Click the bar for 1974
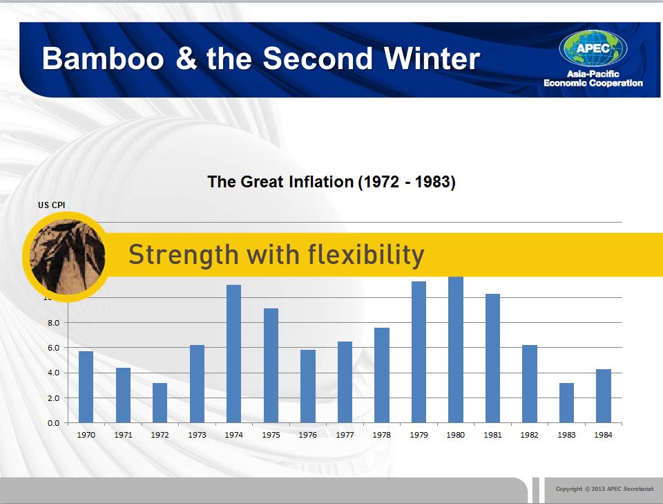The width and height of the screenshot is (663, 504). pyautogui.click(x=234, y=354)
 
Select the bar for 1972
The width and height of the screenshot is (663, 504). pyautogui.click(x=160, y=403)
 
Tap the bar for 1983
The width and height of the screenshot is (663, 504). pyautogui.click(x=566, y=403)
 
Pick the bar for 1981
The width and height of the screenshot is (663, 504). pyautogui.click(x=492, y=358)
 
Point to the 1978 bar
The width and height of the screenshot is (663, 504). pyautogui.click(x=382, y=375)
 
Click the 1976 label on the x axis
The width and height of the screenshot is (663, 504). pyautogui.click(x=308, y=435)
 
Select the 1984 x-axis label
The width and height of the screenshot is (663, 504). pyautogui.click(x=604, y=435)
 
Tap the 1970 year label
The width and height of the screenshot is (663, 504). pyautogui.click(x=86, y=435)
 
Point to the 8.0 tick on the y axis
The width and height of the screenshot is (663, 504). pyautogui.click(x=54, y=323)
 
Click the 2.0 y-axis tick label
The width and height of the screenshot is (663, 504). pyautogui.click(x=54, y=398)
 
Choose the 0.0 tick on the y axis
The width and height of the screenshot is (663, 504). pyautogui.click(x=54, y=423)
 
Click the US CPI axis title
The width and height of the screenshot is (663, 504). pyautogui.click(x=52, y=205)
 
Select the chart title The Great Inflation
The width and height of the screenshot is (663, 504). pyautogui.click(x=331, y=182)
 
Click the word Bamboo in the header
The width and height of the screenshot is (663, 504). pyautogui.click(x=103, y=58)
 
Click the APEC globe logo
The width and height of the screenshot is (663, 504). pyautogui.click(x=593, y=48)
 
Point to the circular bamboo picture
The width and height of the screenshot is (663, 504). pyautogui.click(x=67, y=257)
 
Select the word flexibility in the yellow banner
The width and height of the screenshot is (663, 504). pyautogui.click(x=366, y=256)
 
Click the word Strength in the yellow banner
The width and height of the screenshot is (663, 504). pyautogui.click(x=184, y=256)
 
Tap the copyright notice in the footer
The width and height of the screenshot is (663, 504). pyautogui.click(x=605, y=489)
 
